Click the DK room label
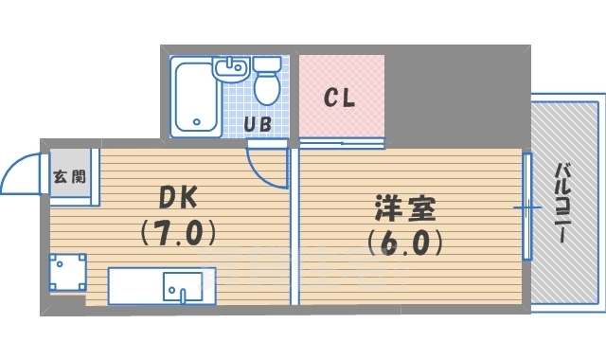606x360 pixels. pyautogui.click(x=179, y=197)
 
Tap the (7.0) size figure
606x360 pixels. pyautogui.click(x=178, y=232)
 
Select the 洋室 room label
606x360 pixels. pyautogui.click(x=405, y=208)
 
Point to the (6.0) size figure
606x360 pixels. pyautogui.click(x=404, y=243)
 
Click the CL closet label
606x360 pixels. pyautogui.click(x=339, y=98)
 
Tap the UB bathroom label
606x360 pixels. pyautogui.click(x=258, y=124)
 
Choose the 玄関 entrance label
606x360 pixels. pyautogui.click(x=69, y=177)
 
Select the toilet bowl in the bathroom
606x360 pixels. pyautogui.click(x=267, y=88)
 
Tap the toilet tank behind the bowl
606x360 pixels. pyautogui.click(x=267, y=63)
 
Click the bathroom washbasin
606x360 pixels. pyautogui.click(x=231, y=69)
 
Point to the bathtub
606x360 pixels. pyautogui.click(x=196, y=97)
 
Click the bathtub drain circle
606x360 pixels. pyautogui.click(x=197, y=122)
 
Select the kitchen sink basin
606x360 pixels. pyautogui.click(x=183, y=286)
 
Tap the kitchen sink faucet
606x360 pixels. pyautogui.click(x=183, y=296)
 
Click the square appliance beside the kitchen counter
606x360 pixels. pyautogui.click(x=67, y=272)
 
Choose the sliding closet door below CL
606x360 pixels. pyautogui.click(x=342, y=143)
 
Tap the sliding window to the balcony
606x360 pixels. pyautogui.click(x=527, y=207)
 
